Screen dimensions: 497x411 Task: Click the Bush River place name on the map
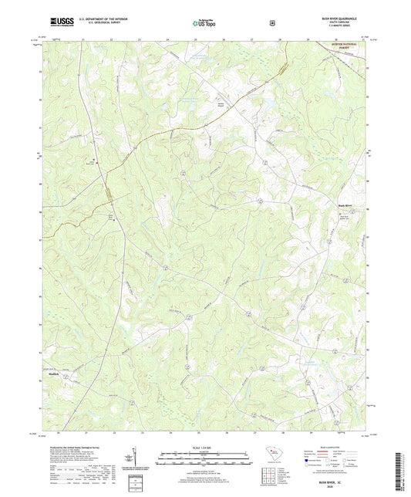click(344, 205)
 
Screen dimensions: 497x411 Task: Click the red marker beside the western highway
click(94, 160)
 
